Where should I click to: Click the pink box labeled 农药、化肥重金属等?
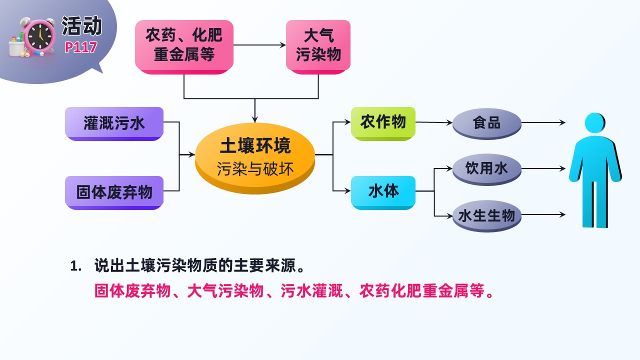(184, 47)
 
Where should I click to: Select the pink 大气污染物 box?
(318, 47)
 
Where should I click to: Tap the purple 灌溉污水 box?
(114, 123)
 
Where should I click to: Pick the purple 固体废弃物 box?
(114, 192)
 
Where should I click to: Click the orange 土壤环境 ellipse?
(255, 158)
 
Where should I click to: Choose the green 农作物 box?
(383, 123)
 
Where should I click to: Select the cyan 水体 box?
(383, 192)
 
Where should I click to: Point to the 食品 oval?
(487, 123)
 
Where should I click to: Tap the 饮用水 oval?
(487, 169)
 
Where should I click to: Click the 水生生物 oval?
(487, 215)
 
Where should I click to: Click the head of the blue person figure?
(595, 123)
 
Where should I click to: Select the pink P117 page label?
(81, 47)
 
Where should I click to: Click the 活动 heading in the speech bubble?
(82, 25)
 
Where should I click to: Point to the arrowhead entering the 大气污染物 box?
(283, 45)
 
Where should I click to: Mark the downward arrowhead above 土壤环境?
(255, 119)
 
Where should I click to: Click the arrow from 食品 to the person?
(543, 122)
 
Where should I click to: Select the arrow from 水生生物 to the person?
(543, 214)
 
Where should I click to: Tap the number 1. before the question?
(76, 266)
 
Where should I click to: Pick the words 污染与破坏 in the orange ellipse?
(255, 169)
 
